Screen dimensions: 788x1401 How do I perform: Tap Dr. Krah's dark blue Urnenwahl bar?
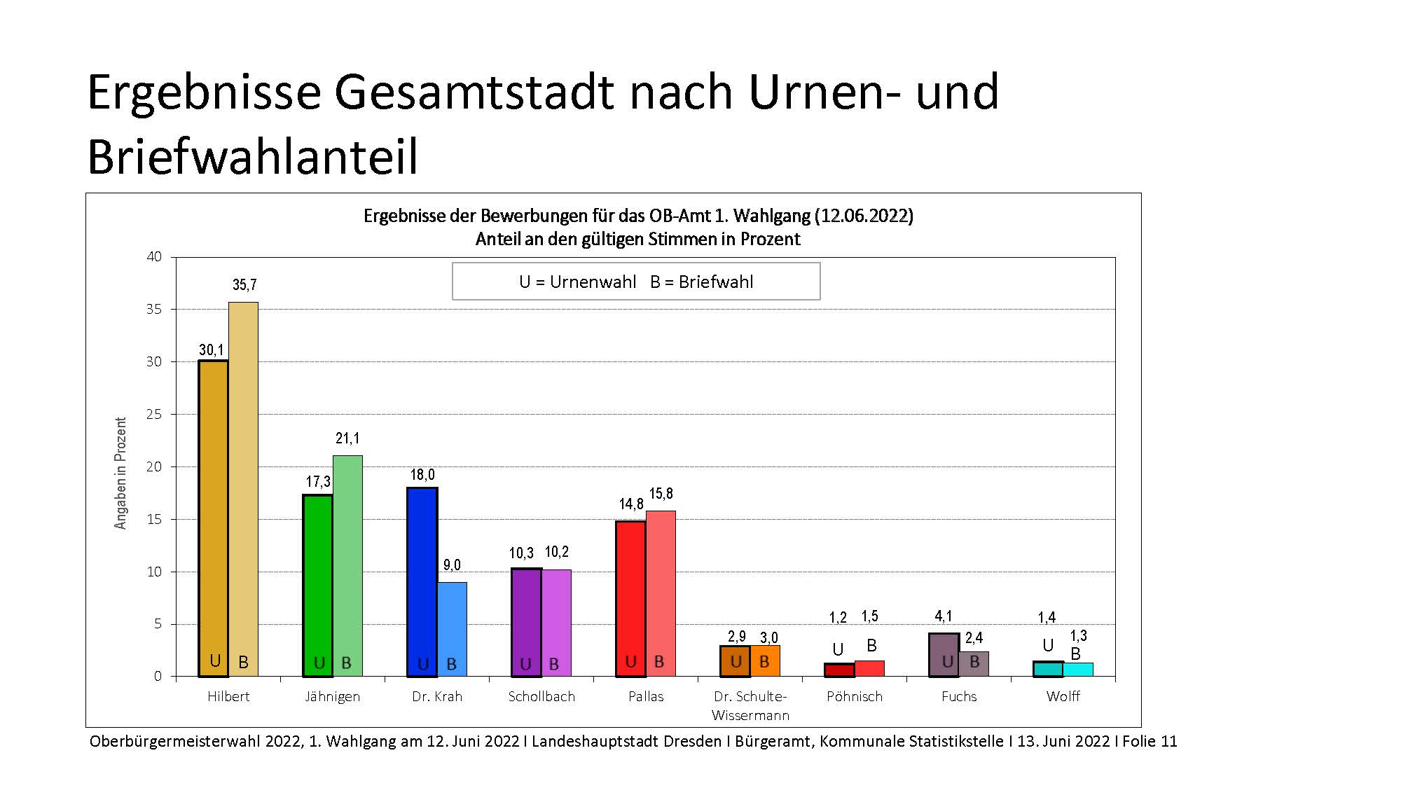coord(422,581)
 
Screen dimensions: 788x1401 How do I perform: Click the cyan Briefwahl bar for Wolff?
coord(1078,670)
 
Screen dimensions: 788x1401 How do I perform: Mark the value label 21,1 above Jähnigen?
coord(347,438)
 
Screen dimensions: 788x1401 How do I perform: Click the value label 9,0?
coord(452,565)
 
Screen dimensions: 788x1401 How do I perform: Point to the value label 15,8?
coord(661,495)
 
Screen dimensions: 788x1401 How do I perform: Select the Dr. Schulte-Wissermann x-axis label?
coord(750,705)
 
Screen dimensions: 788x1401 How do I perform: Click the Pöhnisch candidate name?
coord(855,696)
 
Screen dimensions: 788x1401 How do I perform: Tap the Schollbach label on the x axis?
coord(541,696)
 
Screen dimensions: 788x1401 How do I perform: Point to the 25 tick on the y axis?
coord(154,414)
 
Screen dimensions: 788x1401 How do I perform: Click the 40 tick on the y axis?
coord(154,257)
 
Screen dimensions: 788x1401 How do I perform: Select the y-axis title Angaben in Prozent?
coord(120,474)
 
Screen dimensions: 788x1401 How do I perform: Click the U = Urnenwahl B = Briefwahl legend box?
coord(636,282)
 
